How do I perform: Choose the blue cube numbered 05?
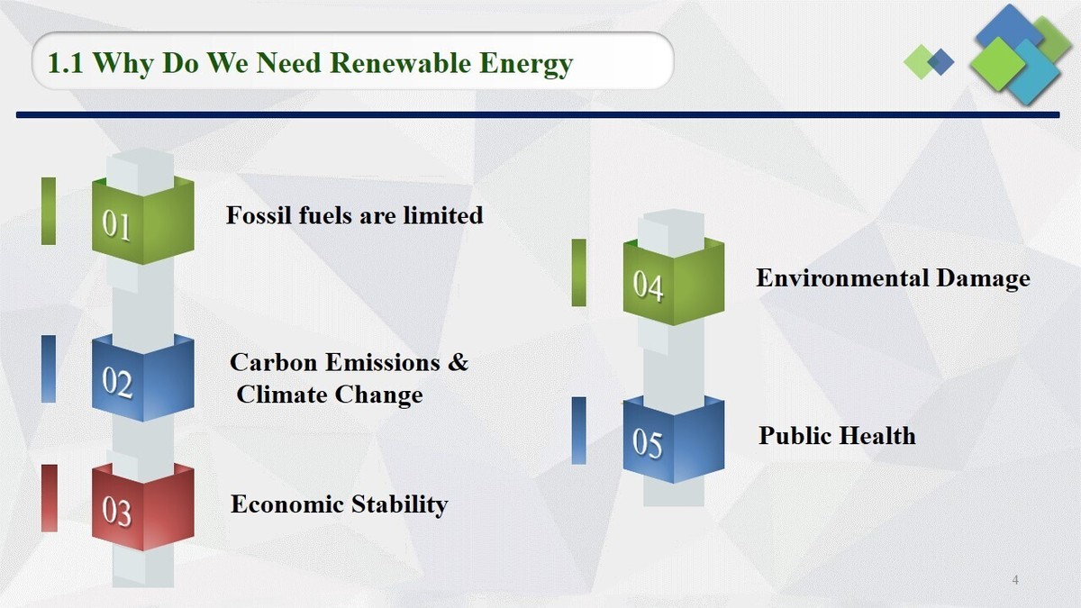pyautogui.click(x=673, y=440)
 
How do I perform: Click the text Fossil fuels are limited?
pyautogui.click(x=354, y=216)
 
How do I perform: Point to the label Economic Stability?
pyautogui.click(x=339, y=504)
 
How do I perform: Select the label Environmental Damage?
pyautogui.click(x=893, y=278)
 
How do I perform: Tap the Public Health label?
pyautogui.click(x=837, y=436)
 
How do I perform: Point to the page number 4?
pyautogui.click(x=1015, y=579)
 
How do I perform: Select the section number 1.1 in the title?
pyautogui.click(x=66, y=64)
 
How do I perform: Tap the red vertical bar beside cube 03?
pyautogui.click(x=50, y=498)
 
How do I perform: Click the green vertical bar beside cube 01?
pyautogui.click(x=49, y=211)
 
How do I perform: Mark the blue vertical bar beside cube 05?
pyautogui.click(x=578, y=431)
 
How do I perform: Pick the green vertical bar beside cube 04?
pyautogui.click(x=578, y=272)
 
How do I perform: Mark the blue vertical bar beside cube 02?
pyautogui.click(x=49, y=368)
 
